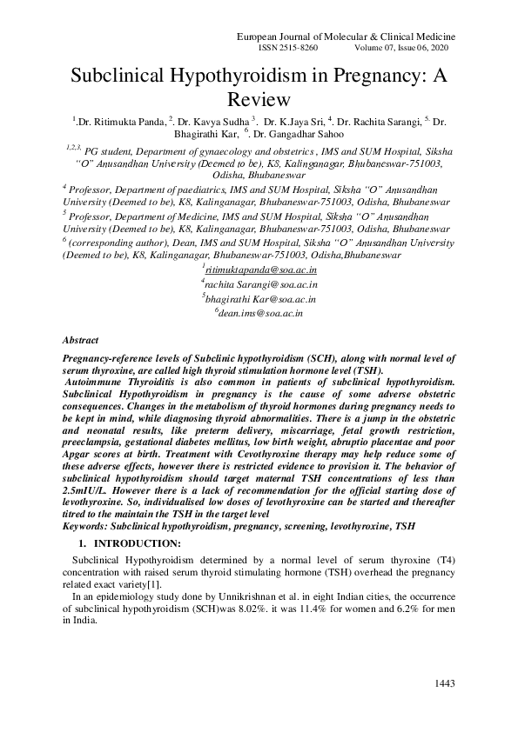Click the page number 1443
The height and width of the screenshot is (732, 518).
444,684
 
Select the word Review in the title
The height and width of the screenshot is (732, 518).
259,98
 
